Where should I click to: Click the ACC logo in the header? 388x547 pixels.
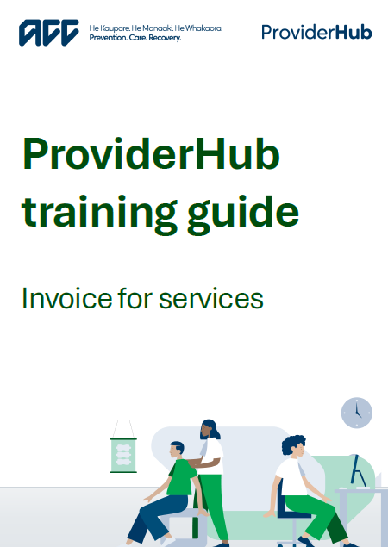(x=50, y=34)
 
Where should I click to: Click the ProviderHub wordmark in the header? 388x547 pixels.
(x=316, y=33)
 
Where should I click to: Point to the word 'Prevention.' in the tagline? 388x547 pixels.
(x=109, y=39)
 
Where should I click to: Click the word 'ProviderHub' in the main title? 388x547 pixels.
(x=151, y=157)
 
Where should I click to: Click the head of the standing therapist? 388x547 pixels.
(x=208, y=429)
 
